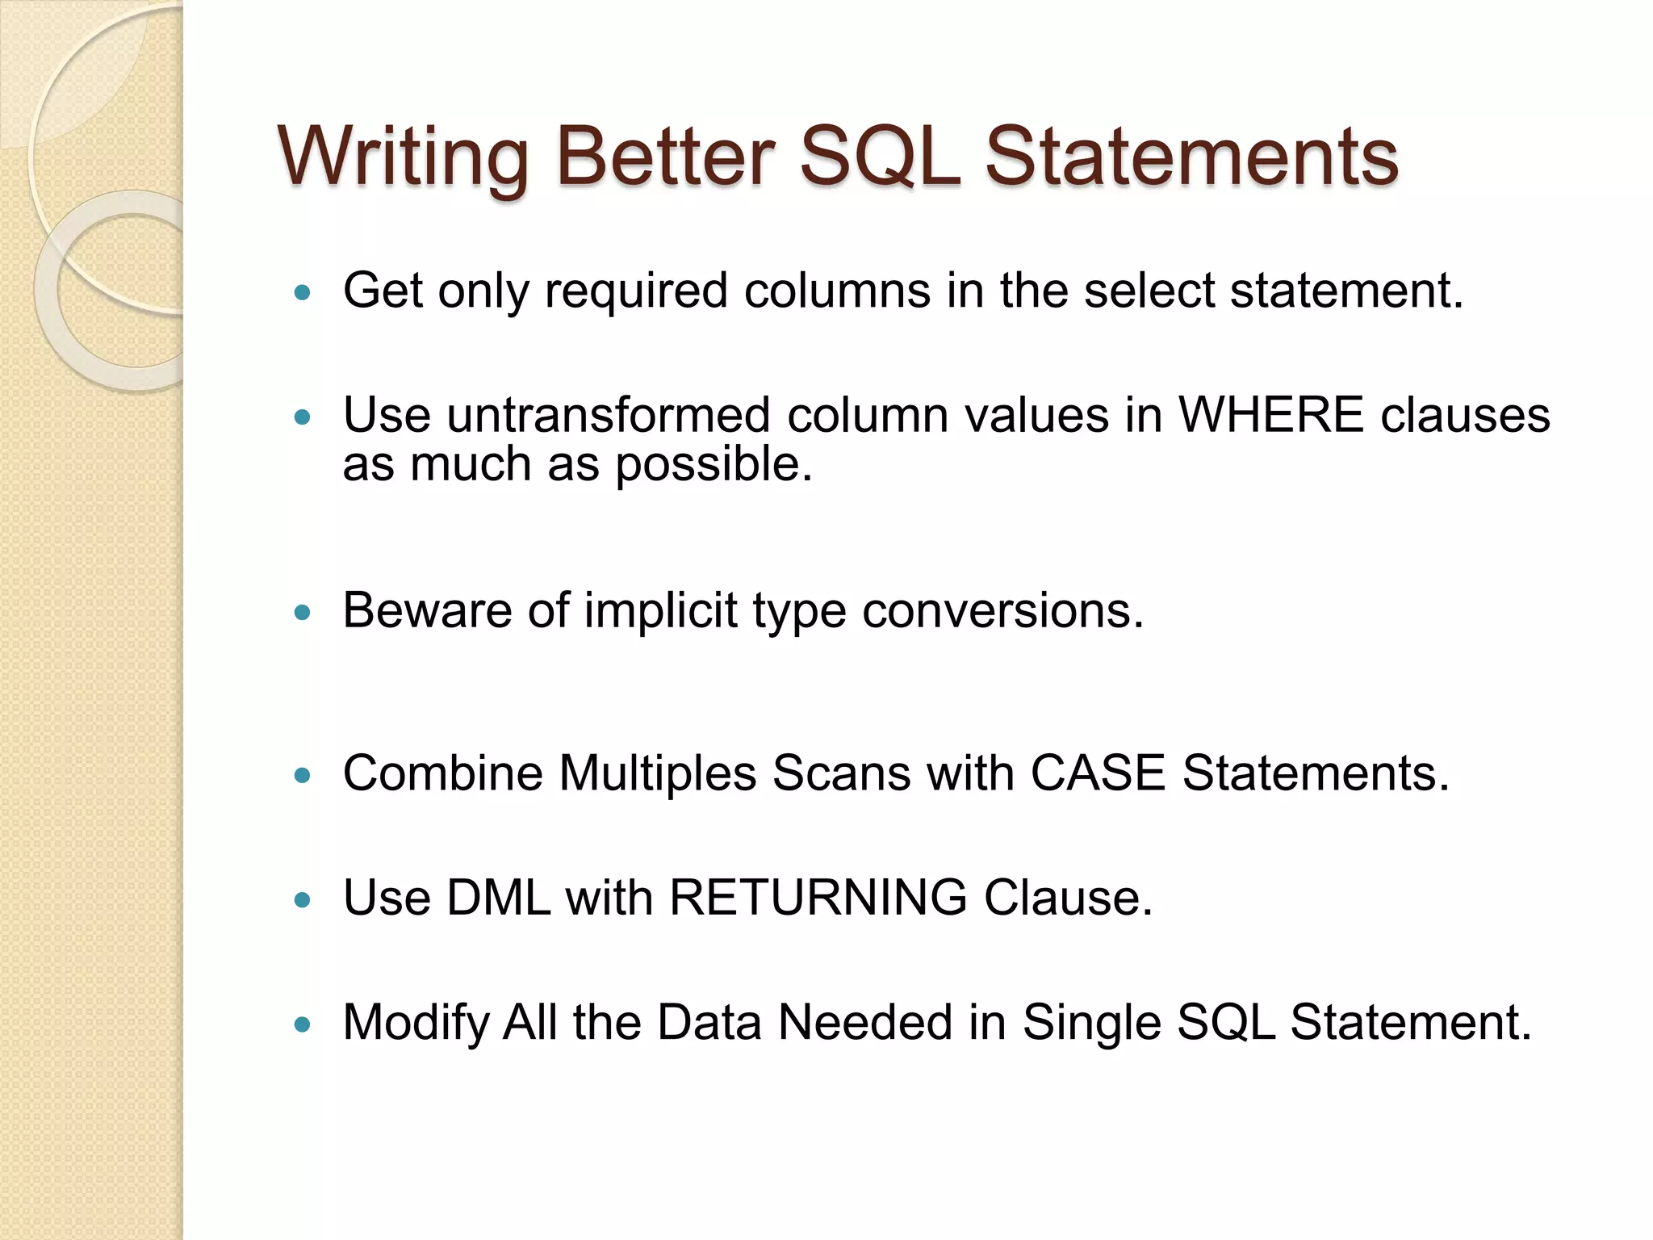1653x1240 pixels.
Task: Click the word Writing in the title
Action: pos(404,157)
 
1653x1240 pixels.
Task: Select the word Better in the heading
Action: pos(665,157)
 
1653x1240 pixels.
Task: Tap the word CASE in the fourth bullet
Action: pos(1098,773)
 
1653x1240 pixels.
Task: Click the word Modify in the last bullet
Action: pos(416,1022)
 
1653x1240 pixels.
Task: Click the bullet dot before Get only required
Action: pos(303,292)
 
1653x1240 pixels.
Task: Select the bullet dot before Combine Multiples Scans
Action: pos(303,776)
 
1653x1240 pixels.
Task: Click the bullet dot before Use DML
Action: pos(303,899)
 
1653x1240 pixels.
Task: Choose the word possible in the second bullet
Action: pos(713,465)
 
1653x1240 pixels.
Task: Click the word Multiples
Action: pos(657,773)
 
